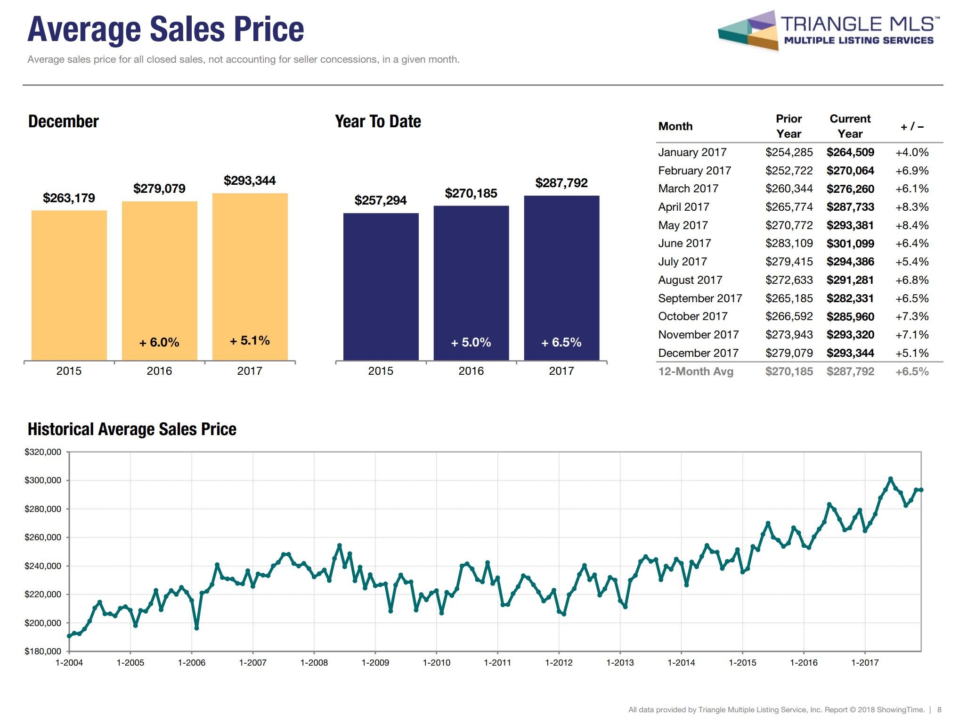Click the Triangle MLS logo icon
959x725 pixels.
(748, 31)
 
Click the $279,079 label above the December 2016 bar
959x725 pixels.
(159, 189)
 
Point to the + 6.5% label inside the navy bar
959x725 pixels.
(561, 342)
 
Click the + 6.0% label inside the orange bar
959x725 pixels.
(159, 342)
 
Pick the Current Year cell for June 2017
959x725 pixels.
(850, 243)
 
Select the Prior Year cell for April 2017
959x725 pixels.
(788, 207)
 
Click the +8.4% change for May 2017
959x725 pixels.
(911, 225)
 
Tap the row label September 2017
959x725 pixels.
(699, 298)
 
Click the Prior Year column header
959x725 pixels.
(788, 126)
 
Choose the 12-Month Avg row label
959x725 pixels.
(695, 371)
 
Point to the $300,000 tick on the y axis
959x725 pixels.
(43, 480)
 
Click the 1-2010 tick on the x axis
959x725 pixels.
(436, 662)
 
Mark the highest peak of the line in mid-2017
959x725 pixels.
(890, 479)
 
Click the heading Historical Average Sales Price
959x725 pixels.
(132, 429)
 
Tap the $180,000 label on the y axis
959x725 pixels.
(43, 651)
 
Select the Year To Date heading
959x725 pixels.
(378, 122)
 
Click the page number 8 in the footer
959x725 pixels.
(939, 709)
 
